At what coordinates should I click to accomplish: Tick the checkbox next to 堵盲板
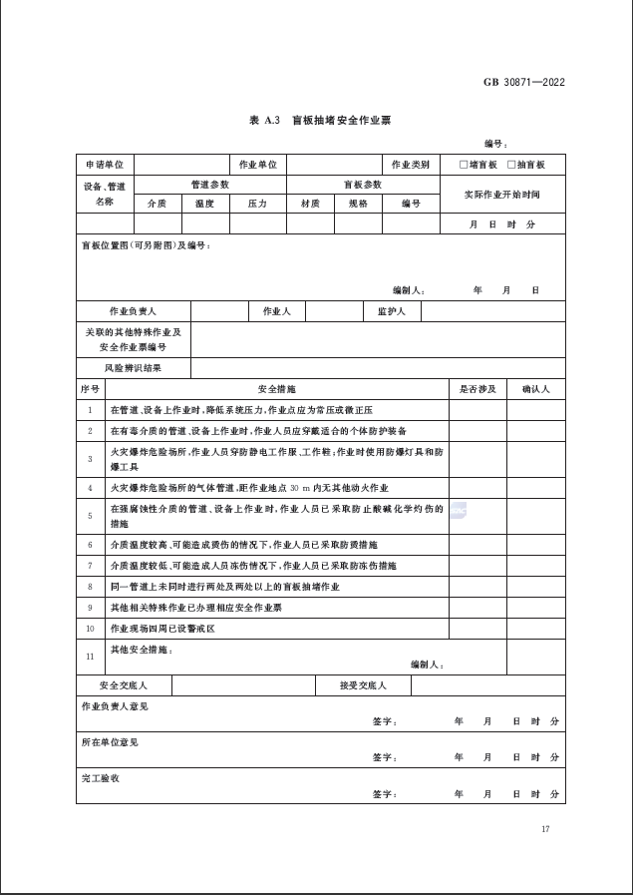click(464, 165)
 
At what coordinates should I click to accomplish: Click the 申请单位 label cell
click(105, 165)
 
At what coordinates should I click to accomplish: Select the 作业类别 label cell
click(410, 165)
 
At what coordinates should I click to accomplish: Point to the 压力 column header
click(257, 203)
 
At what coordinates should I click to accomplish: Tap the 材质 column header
click(310, 203)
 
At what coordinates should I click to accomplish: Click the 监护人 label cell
click(392, 311)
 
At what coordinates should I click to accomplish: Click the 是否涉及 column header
click(476, 388)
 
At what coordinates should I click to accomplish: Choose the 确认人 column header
click(535, 388)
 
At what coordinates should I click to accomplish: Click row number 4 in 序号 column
click(90, 487)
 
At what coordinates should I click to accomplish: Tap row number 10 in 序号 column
click(90, 629)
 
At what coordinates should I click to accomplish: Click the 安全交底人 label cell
click(124, 685)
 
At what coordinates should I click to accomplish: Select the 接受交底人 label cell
click(363, 685)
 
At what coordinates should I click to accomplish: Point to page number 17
click(545, 829)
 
